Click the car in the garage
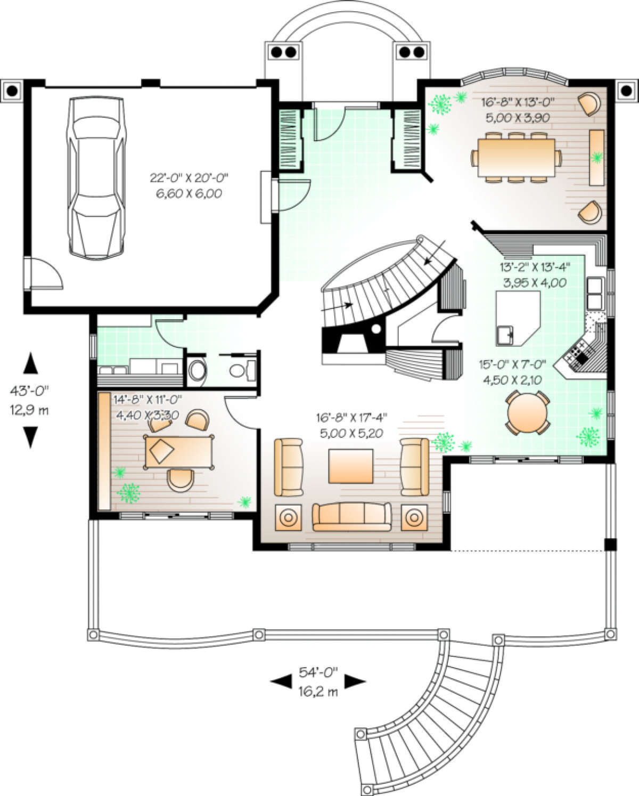coord(96,178)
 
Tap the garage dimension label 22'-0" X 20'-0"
coord(189,178)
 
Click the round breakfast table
coord(527,412)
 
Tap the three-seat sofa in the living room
coord(351,517)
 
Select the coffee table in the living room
coord(351,466)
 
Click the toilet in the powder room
coord(242,370)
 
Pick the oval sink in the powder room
coord(197,370)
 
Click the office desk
coord(179,452)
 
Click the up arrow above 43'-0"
coord(30,362)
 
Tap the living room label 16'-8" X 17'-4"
coord(351,418)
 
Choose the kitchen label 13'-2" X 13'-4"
coord(535,267)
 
